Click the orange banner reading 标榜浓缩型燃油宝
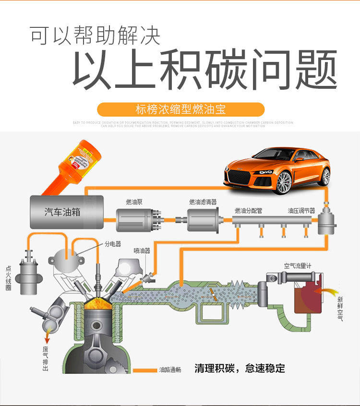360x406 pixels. click(180, 109)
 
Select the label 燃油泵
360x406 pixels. click(134, 202)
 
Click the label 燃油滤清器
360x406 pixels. click(204, 202)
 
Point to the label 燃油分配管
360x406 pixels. click(249, 211)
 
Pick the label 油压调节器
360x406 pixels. click(301, 211)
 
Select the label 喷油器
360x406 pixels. click(142, 251)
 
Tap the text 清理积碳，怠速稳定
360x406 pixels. click(240, 369)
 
